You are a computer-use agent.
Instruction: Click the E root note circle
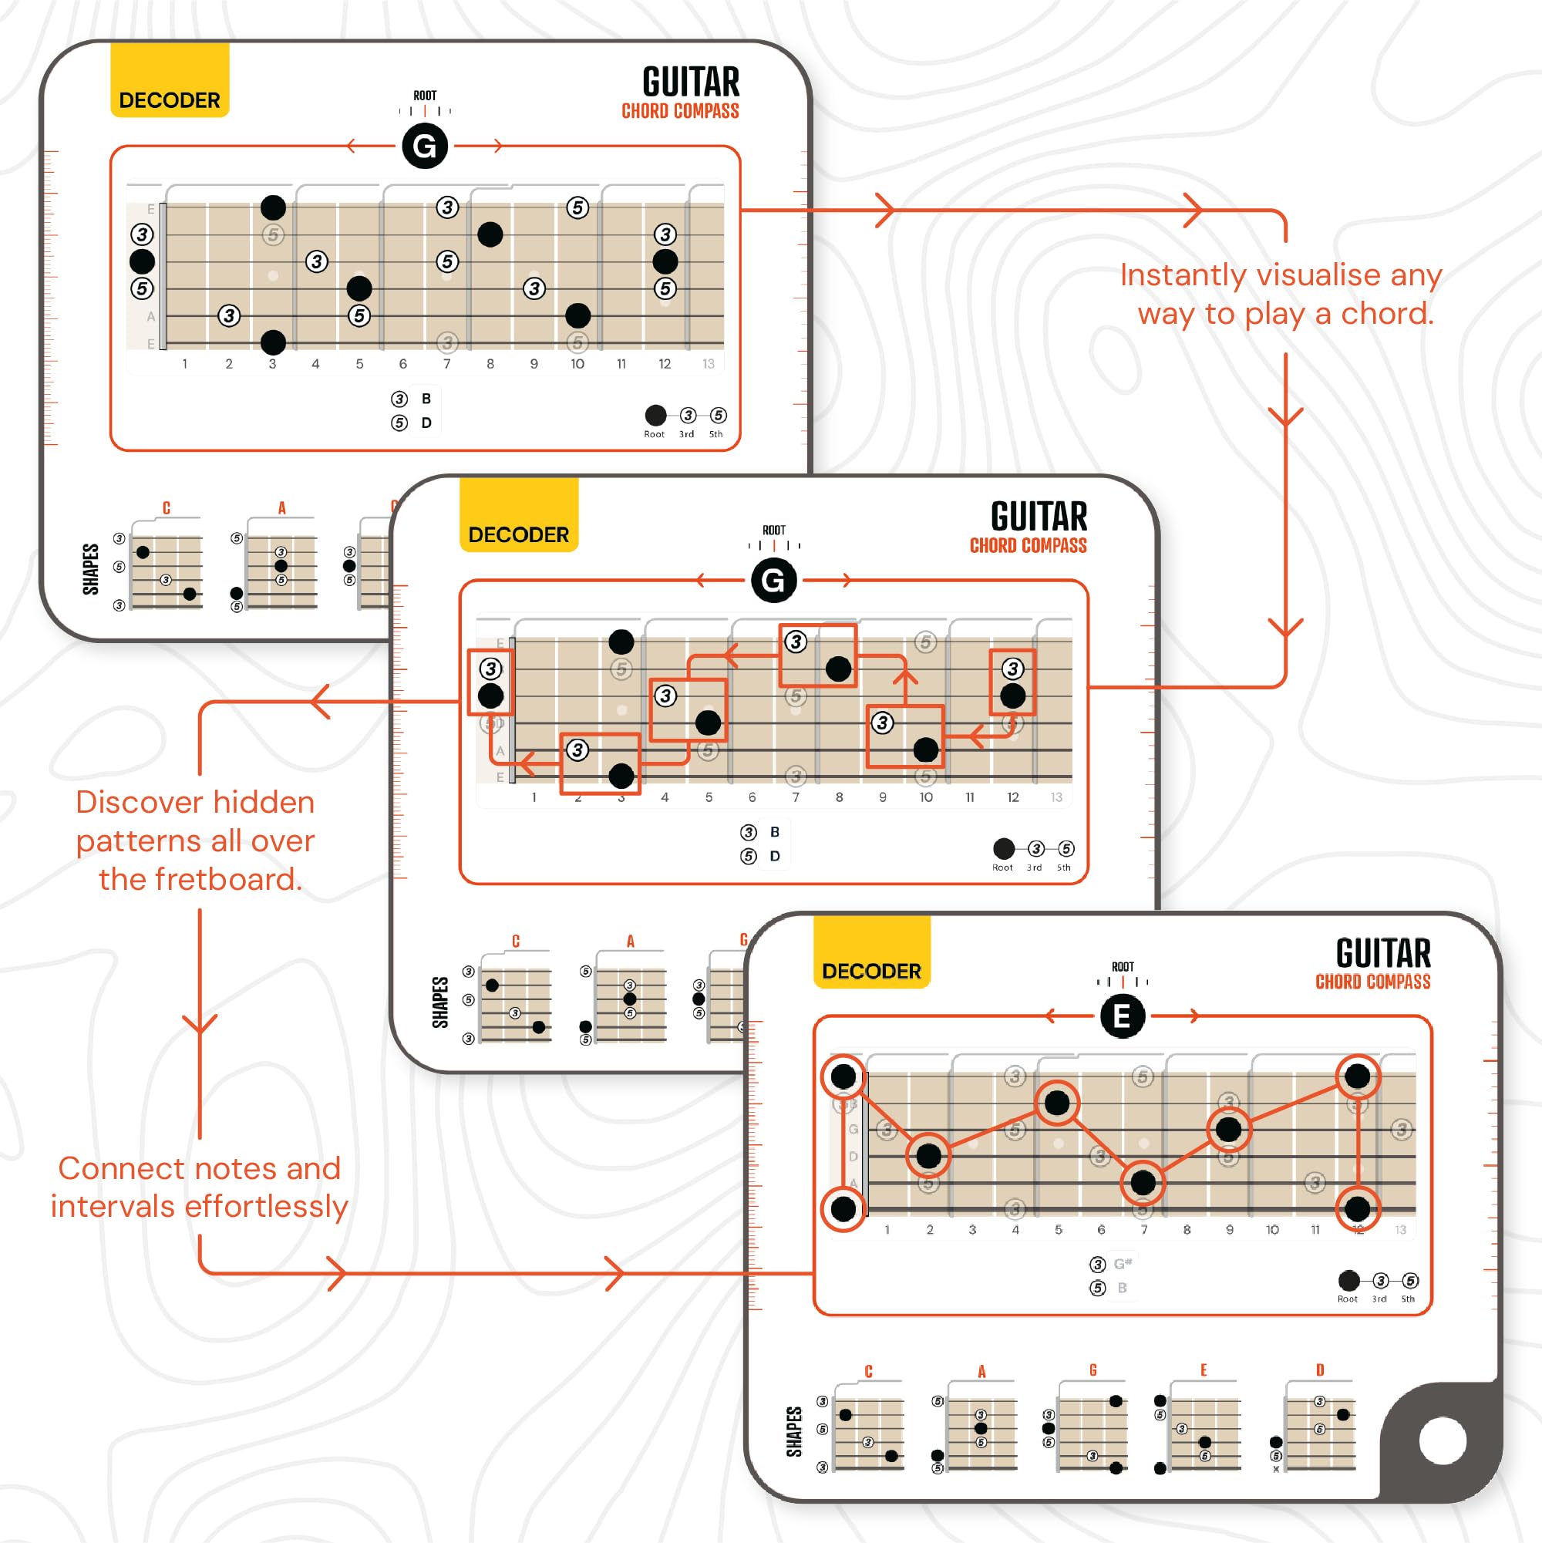(1122, 1016)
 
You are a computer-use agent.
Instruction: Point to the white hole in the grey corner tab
(1443, 1440)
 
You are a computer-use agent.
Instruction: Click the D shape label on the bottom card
(1320, 1370)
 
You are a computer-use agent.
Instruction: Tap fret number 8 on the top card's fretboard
(490, 364)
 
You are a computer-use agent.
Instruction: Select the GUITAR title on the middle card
(1038, 517)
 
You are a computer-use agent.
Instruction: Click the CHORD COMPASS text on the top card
(680, 112)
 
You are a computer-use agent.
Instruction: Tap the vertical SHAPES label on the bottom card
(794, 1432)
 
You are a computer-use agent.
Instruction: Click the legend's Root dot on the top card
(655, 416)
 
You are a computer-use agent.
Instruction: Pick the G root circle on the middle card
(773, 581)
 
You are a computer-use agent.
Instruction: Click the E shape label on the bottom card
(1204, 1370)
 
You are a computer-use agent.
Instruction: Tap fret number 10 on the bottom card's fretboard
(1272, 1230)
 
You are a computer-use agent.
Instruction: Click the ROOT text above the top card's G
(425, 96)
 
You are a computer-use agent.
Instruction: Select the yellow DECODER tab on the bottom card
(871, 954)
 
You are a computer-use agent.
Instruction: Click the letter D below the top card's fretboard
(426, 423)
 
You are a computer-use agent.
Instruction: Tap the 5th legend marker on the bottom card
(1410, 1281)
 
